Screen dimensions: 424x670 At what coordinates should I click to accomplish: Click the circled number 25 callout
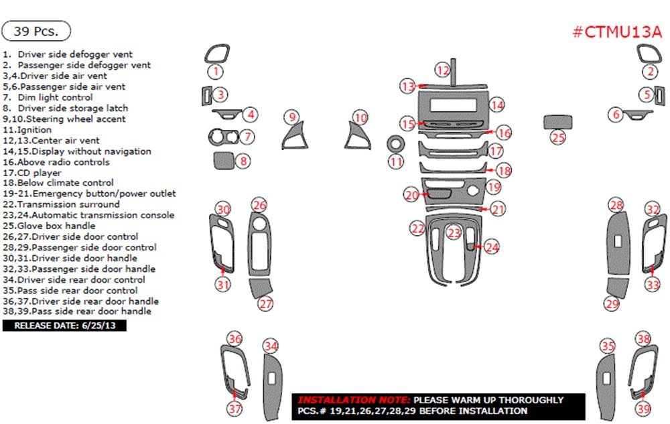[x=558, y=137]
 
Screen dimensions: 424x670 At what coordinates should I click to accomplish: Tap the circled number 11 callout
[x=397, y=161]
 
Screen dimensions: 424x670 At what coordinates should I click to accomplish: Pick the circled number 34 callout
[x=270, y=346]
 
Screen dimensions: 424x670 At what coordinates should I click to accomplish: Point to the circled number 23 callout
[x=455, y=233]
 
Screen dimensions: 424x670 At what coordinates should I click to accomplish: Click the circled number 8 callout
[x=244, y=161]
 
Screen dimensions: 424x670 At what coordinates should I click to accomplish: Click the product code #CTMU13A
[x=617, y=32]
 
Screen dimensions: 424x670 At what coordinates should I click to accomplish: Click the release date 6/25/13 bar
[x=64, y=326]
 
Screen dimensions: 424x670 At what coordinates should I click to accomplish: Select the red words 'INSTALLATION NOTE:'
[x=354, y=399]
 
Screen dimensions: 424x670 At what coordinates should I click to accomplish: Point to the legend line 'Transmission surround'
[x=61, y=204]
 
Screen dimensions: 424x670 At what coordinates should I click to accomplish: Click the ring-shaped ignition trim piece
[x=396, y=145]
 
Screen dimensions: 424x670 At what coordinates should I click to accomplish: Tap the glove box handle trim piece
[x=557, y=122]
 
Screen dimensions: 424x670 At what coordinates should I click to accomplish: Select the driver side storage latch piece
[x=222, y=161]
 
